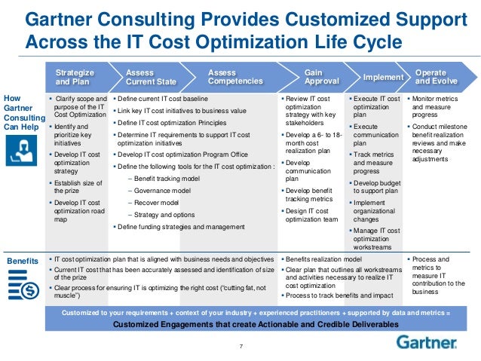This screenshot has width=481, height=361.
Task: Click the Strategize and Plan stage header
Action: (x=74, y=77)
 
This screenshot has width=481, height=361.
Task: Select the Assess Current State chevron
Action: (x=150, y=77)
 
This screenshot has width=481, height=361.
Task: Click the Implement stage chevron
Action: (x=382, y=77)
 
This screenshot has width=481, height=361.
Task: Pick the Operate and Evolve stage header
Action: (x=436, y=77)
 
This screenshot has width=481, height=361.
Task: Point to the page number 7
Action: (x=240, y=346)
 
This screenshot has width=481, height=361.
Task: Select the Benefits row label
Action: (x=22, y=260)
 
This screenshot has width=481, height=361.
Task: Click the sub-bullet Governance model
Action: (x=156, y=191)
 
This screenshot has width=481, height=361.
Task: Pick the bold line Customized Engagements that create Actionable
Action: (x=256, y=324)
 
